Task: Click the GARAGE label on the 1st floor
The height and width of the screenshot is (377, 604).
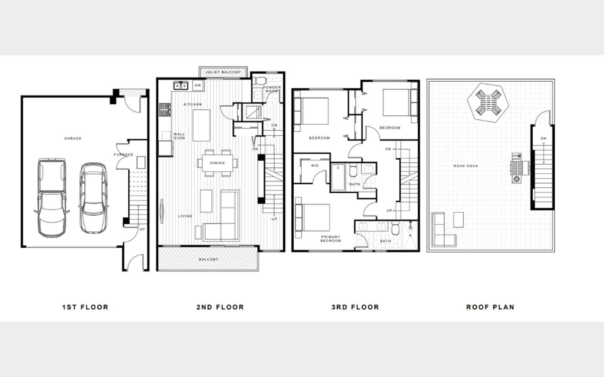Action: pyautogui.click(x=73, y=138)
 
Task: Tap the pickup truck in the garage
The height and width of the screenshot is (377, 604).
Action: pyautogui.click(x=52, y=198)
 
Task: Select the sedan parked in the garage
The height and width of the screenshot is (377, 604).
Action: pyautogui.click(x=93, y=198)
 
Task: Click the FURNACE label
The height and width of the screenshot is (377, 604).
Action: pyautogui.click(x=123, y=155)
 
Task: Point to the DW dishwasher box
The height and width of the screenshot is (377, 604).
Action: pyautogui.click(x=198, y=85)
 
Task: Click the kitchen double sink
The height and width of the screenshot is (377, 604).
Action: pyautogui.click(x=181, y=85)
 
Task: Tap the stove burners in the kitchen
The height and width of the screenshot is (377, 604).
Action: pyautogui.click(x=165, y=110)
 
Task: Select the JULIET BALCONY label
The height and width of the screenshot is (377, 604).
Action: pyautogui.click(x=223, y=72)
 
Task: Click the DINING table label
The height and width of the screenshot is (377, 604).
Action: pyautogui.click(x=217, y=163)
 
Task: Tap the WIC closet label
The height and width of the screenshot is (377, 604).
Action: pyautogui.click(x=315, y=165)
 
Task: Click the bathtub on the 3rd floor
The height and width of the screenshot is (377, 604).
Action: pyautogui.click(x=338, y=177)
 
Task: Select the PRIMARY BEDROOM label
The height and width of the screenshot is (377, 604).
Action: pyautogui.click(x=331, y=239)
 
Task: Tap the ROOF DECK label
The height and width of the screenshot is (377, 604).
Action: pyautogui.click(x=466, y=166)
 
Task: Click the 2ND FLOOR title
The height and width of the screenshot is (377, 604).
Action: pyautogui.click(x=220, y=307)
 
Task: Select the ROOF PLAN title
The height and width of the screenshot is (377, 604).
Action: pyautogui.click(x=490, y=307)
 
